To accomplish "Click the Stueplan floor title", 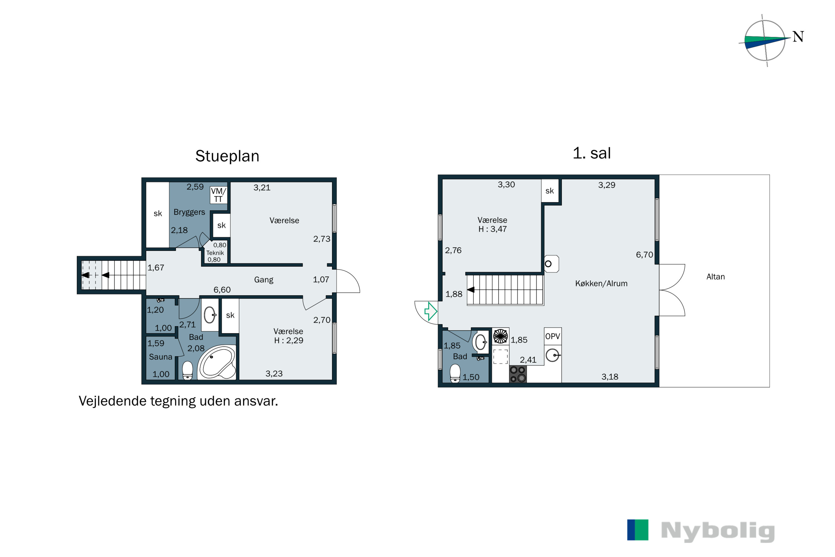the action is [x=227, y=156].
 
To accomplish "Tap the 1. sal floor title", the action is [x=592, y=153].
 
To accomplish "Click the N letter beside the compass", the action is [x=798, y=36].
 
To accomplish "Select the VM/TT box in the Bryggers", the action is [x=218, y=195].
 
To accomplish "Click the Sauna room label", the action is [x=161, y=357].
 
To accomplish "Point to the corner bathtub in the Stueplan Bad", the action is [x=217, y=363].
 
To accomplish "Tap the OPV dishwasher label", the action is [x=553, y=336].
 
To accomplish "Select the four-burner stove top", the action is [x=518, y=374].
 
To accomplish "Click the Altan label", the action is [x=715, y=277].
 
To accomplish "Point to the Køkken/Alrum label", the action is [x=601, y=284].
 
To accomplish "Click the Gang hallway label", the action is [x=263, y=280].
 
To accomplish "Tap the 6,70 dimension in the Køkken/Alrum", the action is [x=644, y=255].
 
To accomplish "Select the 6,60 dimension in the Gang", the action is [x=222, y=290].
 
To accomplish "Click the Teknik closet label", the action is [x=215, y=253].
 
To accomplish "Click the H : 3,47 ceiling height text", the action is [x=492, y=229].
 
